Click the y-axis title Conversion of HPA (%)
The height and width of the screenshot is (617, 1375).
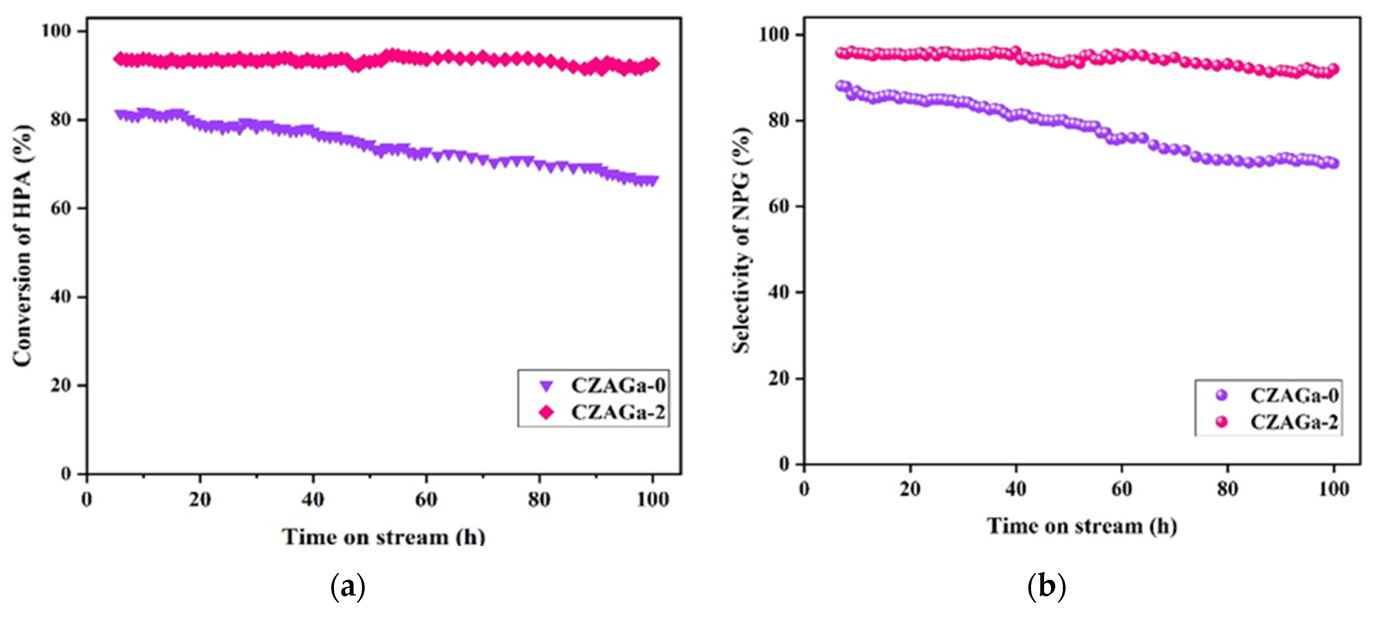coord(22,246)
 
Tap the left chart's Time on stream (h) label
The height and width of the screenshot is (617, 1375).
coord(383,536)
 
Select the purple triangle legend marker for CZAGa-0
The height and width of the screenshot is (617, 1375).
coord(546,386)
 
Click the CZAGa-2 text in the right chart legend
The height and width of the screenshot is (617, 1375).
coord(1294,422)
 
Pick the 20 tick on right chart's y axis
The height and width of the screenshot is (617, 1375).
coord(779,378)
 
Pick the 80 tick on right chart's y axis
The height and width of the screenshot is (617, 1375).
coord(779,121)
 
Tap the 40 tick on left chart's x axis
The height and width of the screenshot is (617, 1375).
coord(313,500)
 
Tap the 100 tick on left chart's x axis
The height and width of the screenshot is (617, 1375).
coord(652,500)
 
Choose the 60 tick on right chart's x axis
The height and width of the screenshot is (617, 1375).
coord(1122,489)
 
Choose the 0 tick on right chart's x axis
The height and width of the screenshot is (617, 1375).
coord(804,489)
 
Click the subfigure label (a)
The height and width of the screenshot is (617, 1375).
coord(348,587)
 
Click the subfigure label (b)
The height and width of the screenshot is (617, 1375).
coord(1046,587)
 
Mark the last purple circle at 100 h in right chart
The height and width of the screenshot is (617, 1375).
coord(1333,163)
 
